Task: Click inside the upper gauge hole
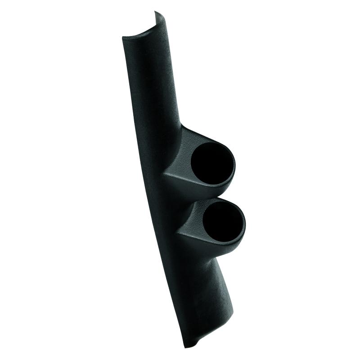[x=212, y=165]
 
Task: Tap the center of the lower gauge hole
[x=223, y=223]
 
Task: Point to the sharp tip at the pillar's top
[x=157, y=12]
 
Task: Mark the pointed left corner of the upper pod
[x=163, y=173]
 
